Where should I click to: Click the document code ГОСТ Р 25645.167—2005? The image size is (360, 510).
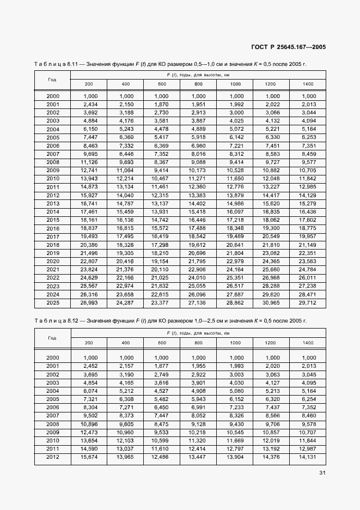289,47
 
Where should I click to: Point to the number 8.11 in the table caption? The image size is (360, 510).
75,64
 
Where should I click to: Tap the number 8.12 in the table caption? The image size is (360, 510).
75,320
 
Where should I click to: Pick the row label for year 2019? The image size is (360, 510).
53,253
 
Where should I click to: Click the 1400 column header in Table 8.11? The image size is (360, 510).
308,84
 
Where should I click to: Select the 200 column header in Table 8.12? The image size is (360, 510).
89,343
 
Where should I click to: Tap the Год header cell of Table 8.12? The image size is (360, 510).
52,338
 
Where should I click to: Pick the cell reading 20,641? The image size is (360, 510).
235,245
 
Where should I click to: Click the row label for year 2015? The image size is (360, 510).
53,220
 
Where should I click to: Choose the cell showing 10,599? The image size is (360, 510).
162,440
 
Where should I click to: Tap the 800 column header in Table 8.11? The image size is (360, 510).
198,84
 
